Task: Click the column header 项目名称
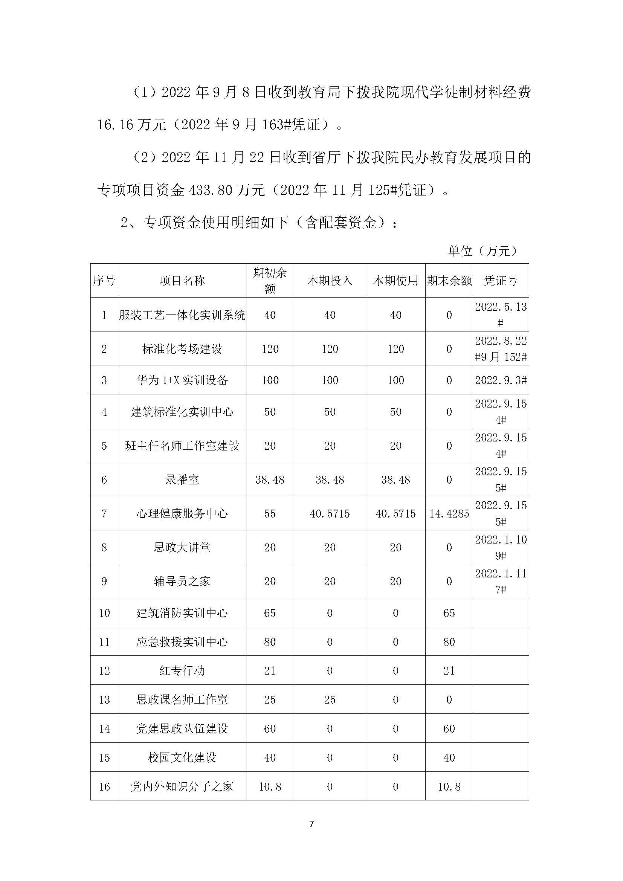pyautogui.click(x=182, y=281)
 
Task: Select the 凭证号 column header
pyautogui.click(x=501, y=281)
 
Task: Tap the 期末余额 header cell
pyautogui.click(x=449, y=281)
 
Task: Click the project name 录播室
pyautogui.click(x=182, y=479)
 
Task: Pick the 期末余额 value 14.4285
pyautogui.click(x=449, y=513)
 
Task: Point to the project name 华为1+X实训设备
pyautogui.click(x=182, y=380)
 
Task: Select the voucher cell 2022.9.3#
pyautogui.click(x=501, y=380)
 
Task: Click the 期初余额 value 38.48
pyautogui.click(x=270, y=479)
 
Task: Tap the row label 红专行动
pyautogui.click(x=182, y=670)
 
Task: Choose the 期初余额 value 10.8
pyautogui.click(x=270, y=786)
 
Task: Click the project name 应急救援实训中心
pyautogui.click(x=182, y=641)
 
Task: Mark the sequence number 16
pyautogui.click(x=104, y=786)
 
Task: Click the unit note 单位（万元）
pyautogui.click(x=483, y=251)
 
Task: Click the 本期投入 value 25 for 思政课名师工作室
pyautogui.click(x=330, y=699)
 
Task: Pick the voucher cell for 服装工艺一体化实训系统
pyautogui.click(x=501, y=315)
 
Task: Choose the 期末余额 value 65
pyautogui.click(x=449, y=613)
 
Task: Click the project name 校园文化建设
pyautogui.click(x=182, y=757)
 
